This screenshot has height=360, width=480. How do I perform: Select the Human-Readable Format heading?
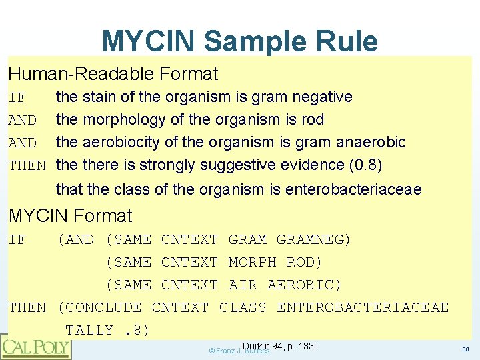pos(113,73)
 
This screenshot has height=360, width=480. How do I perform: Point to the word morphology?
pos(121,121)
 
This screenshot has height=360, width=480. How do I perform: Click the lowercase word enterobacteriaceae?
pos(353,190)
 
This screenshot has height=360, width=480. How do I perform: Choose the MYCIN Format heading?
pos(70,216)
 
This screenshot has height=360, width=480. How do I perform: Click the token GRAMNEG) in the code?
pos(314,240)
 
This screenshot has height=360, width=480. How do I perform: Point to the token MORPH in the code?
pos(252,263)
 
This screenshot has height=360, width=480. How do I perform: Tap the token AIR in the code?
pos(243,285)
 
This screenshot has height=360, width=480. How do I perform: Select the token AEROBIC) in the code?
pos(305,285)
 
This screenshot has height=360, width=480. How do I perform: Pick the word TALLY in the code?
pos(89,331)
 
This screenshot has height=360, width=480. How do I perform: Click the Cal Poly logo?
pos(35,347)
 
